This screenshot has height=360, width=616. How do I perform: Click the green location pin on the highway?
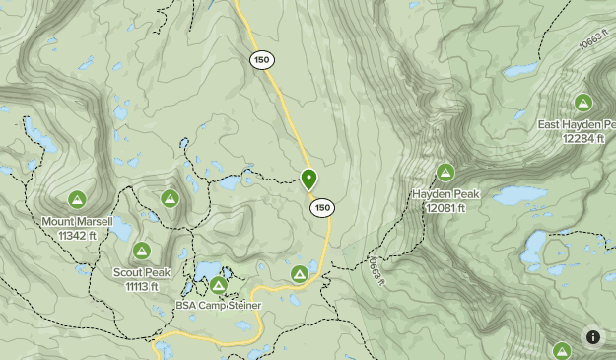(x=308, y=180)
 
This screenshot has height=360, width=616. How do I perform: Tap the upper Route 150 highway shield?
(x=261, y=60)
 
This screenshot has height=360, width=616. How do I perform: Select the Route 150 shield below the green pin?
(x=322, y=208)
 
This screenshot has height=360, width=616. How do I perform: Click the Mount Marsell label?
(x=77, y=222)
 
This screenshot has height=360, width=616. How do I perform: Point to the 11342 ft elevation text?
(x=77, y=236)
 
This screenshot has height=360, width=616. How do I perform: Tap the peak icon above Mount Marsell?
(x=77, y=199)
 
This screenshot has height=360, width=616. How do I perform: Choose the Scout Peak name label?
(x=142, y=272)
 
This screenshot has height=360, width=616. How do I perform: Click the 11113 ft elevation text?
(x=142, y=286)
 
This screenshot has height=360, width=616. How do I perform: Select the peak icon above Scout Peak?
(x=142, y=252)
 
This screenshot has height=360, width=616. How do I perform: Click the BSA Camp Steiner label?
(x=219, y=306)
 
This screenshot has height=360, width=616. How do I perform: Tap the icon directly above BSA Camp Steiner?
(x=218, y=285)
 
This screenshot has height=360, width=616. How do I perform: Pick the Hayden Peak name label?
(x=445, y=194)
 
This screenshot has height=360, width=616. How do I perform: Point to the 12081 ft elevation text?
(x=445, y=208)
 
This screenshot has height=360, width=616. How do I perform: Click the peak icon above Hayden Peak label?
(x=445, y=173)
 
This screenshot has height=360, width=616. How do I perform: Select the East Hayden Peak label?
(x=577, y=125)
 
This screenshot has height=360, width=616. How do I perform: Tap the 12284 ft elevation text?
(x=582, y=139)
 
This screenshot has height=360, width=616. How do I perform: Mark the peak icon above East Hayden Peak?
(x=582, y=103)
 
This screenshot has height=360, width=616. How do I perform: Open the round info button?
(x=593, y=337)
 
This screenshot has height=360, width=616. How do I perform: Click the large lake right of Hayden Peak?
(x=519, y=195)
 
